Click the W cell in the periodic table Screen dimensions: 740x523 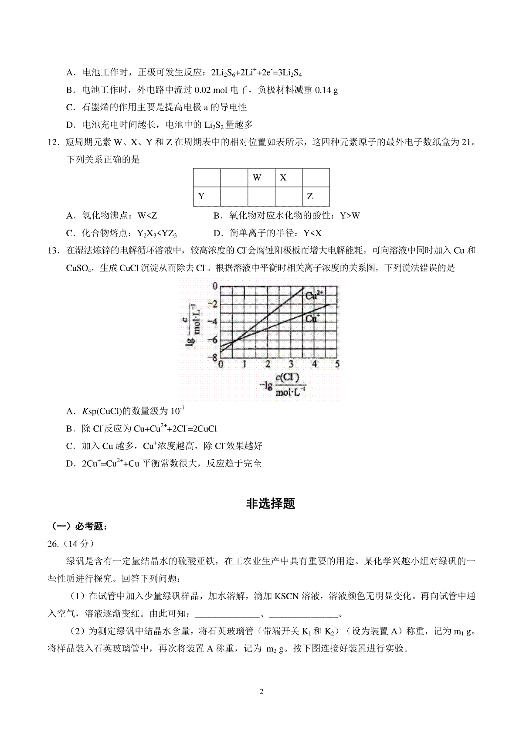(x=261, y=178)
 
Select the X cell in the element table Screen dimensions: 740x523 (x=288, y=178)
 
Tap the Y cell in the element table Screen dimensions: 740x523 (x=207, y=197)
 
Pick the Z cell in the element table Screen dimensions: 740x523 (x=316, y=197)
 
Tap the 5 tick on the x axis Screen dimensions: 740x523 (x=337, y=364)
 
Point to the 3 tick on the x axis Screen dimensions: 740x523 (x=291, y=364)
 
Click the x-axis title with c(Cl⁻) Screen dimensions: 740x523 (x=283, y=384)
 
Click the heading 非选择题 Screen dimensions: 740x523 (x=271, y=504)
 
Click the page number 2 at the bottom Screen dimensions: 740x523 (x=261, y=692)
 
